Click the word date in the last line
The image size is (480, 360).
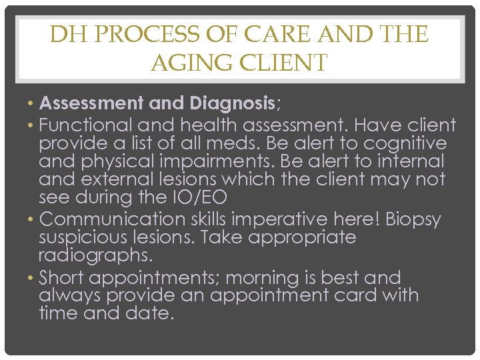coord(151,313)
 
